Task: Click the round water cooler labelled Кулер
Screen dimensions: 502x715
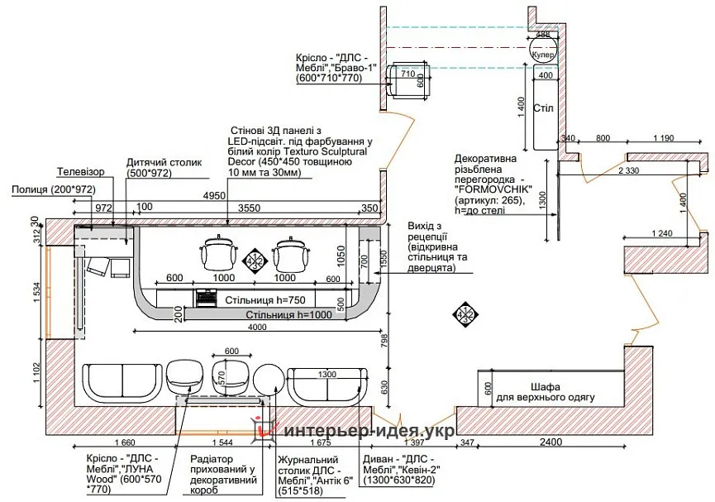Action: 543,53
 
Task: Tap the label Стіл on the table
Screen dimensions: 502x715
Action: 542,108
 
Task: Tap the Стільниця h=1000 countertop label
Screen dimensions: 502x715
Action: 286,315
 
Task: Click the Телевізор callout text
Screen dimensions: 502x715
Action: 81,172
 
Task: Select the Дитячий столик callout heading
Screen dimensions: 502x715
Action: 164,163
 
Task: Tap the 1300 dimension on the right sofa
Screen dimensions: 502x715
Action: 328,375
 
